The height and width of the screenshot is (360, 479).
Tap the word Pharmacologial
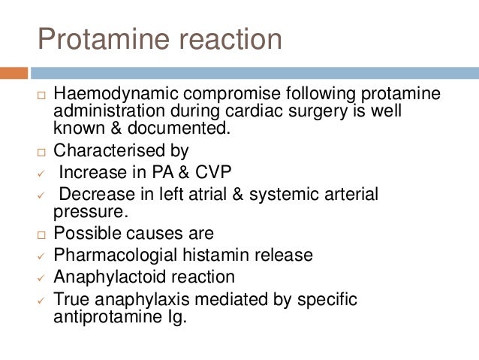pos(119,255)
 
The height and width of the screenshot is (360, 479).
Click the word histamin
pos(220,255)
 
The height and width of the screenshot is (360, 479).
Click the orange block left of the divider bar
pos(14,74)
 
